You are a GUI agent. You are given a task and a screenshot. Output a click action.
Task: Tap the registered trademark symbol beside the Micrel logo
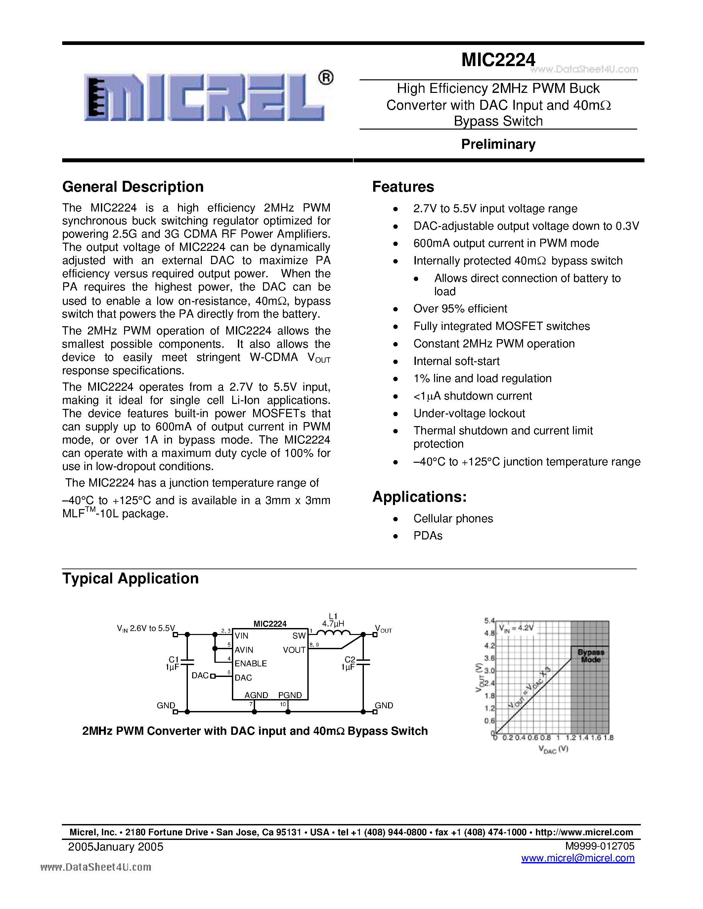pyautogui.click(x=325, y=78)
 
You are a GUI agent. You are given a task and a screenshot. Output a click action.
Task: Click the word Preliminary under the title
pyautogui.click(x=498, y=144)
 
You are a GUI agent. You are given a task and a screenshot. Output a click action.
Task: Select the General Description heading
pyautogui.click(x=133, y=187)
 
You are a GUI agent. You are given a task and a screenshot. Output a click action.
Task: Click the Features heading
pyautogui.click(x=403, y=187)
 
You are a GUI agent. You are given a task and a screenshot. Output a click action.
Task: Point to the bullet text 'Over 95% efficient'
pyautogui.click(x=460, y=309)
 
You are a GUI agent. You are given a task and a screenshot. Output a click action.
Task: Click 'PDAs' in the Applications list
pyautogui.click(x=428, y=536)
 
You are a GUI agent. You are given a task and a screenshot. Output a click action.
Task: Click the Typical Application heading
pyautogui.click(x=130, y=578)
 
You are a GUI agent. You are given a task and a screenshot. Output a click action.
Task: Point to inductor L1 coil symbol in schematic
pyautogui.click(x=333, y=633)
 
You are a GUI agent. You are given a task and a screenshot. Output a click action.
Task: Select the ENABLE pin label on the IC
pyautogui.click(x=250, y=663)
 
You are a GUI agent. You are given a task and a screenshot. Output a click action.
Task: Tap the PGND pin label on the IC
pyautogui.click(x=290, y=695)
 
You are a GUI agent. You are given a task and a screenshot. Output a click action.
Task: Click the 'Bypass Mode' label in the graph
pyautogui.click(x=591, y=656)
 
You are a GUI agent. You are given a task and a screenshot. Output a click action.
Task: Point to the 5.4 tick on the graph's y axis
pyautogui.click(x=489, y=620)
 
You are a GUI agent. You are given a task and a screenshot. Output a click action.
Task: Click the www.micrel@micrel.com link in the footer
pyautogui.click(x=578, y=858)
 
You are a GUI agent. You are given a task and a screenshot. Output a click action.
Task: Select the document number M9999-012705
pyautogui.click(x=600, y=846)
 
